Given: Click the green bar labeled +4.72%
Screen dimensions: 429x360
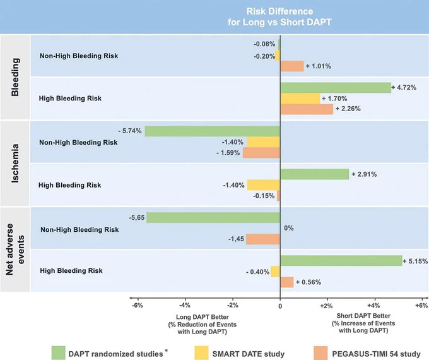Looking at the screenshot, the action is point(336,88).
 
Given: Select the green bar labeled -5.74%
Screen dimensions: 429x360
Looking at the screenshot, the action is point(213,131).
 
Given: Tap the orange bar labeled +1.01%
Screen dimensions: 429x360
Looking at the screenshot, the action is point(292,66).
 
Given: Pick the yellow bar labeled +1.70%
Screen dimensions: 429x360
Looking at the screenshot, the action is point(300,99).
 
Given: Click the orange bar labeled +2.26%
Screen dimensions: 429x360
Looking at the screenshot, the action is point(307,109).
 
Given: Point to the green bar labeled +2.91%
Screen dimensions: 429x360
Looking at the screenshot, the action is point(315,174).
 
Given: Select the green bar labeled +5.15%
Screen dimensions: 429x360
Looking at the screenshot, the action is point(341,261).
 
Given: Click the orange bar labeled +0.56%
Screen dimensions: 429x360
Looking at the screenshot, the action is point(287,282).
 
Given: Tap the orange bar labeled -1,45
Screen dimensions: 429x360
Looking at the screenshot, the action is point(263,239).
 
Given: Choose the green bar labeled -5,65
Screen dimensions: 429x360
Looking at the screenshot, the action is point(213,218).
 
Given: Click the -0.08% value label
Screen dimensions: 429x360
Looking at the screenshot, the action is point(264,44).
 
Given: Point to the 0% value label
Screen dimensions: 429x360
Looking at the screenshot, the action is point(289,228).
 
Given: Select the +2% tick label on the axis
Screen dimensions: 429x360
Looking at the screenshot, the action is point(326,306).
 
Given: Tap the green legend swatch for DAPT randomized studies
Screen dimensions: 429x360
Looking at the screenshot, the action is point(58,353).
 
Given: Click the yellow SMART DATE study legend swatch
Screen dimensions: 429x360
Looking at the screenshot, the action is point(202,353).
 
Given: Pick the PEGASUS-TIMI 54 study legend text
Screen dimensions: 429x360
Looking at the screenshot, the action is point(376,354).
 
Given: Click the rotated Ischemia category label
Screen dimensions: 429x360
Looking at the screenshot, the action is point(15,164).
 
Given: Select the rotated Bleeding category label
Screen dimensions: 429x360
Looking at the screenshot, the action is point(15,77).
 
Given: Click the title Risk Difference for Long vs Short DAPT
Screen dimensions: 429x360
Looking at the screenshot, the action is point(279,16).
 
